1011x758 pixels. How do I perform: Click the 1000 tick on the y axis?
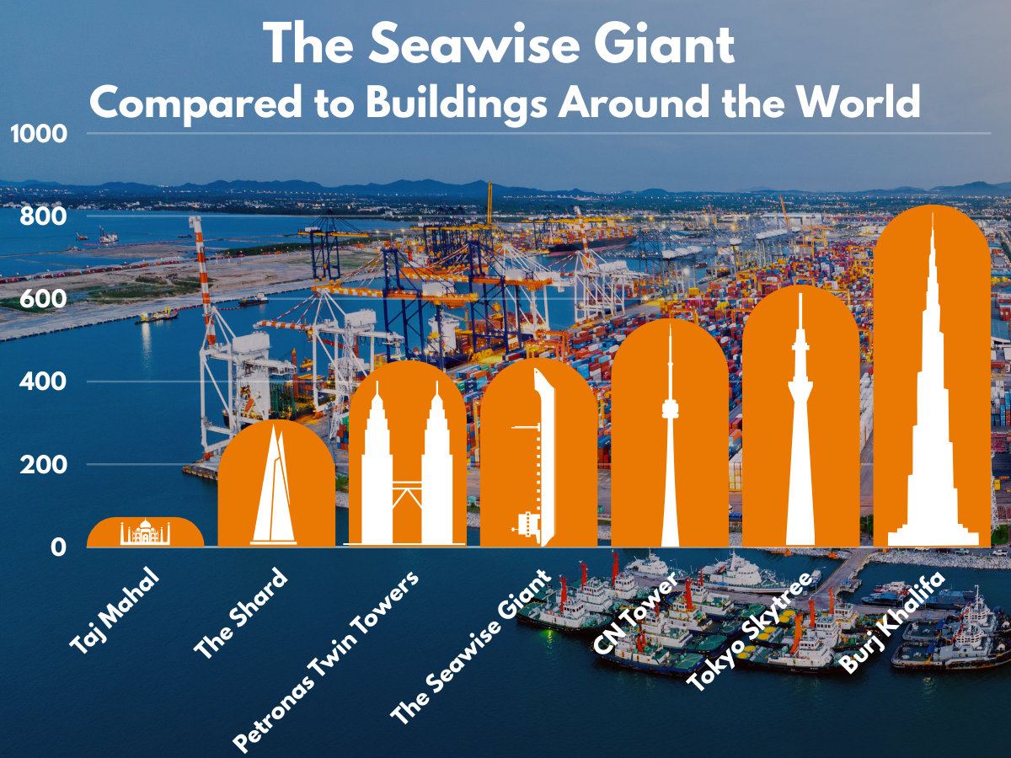pos(35,134)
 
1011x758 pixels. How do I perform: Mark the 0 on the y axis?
pos(57,547)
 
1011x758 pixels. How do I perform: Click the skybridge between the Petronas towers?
pos(407,483)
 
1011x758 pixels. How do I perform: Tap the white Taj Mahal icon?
pos(145,532)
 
